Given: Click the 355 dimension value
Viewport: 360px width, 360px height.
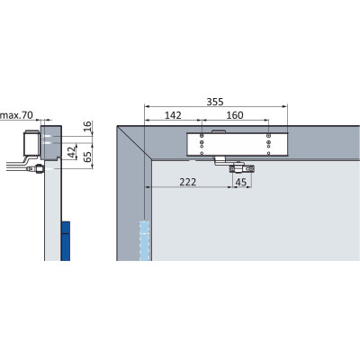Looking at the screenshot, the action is pos(215,102).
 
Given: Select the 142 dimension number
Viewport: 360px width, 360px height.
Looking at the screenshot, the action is pos(173,115).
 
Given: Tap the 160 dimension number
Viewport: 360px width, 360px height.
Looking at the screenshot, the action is pos(235,115).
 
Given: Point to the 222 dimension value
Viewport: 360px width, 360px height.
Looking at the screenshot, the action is pos(188,182).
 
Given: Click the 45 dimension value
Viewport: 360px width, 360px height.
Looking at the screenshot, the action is pos(241,182).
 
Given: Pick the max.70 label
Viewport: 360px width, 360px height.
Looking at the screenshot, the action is pos(17,115).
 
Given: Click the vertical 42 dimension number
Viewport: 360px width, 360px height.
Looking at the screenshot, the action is pos(72,152).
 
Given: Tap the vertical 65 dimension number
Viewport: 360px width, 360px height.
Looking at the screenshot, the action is pos(87,157).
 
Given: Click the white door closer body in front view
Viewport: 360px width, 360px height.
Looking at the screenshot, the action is pos(238,144).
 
